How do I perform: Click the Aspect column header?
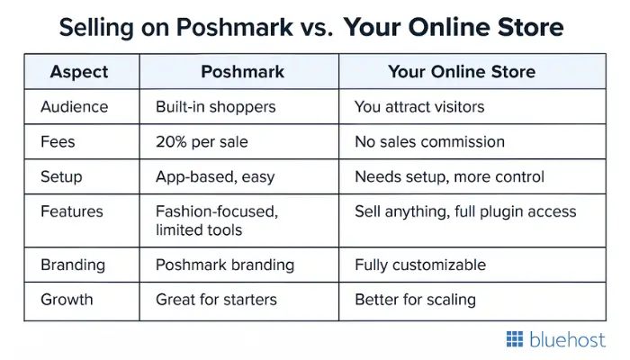79,72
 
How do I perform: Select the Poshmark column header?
243,72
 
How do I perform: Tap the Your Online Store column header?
462,72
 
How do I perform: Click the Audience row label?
75,107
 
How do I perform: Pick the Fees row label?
58,142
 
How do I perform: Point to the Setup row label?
61,177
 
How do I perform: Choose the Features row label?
72,211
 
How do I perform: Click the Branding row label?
73,265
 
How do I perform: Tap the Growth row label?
67,300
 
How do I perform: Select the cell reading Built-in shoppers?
216,107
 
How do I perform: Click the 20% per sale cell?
202,142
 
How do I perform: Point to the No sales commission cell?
429,142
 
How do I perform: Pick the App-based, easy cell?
215,177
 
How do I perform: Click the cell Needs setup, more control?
449,177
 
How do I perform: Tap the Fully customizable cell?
420,265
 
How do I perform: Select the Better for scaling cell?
416,300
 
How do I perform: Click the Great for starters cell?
216,300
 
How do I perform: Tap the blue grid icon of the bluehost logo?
515,339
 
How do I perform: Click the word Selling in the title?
96,27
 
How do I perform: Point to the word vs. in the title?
317,28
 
